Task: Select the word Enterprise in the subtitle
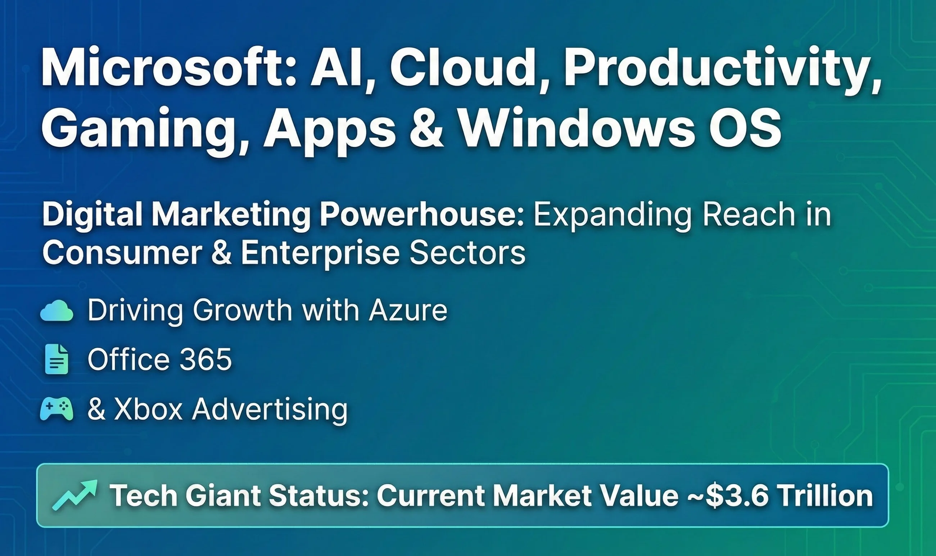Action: pos(320,253)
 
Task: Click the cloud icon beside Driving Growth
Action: pos(56,311)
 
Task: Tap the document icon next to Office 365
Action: pos(56,360)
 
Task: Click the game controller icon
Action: pos(56,409)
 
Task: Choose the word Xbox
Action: pos(148,409)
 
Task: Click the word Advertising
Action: pos(270,410)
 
